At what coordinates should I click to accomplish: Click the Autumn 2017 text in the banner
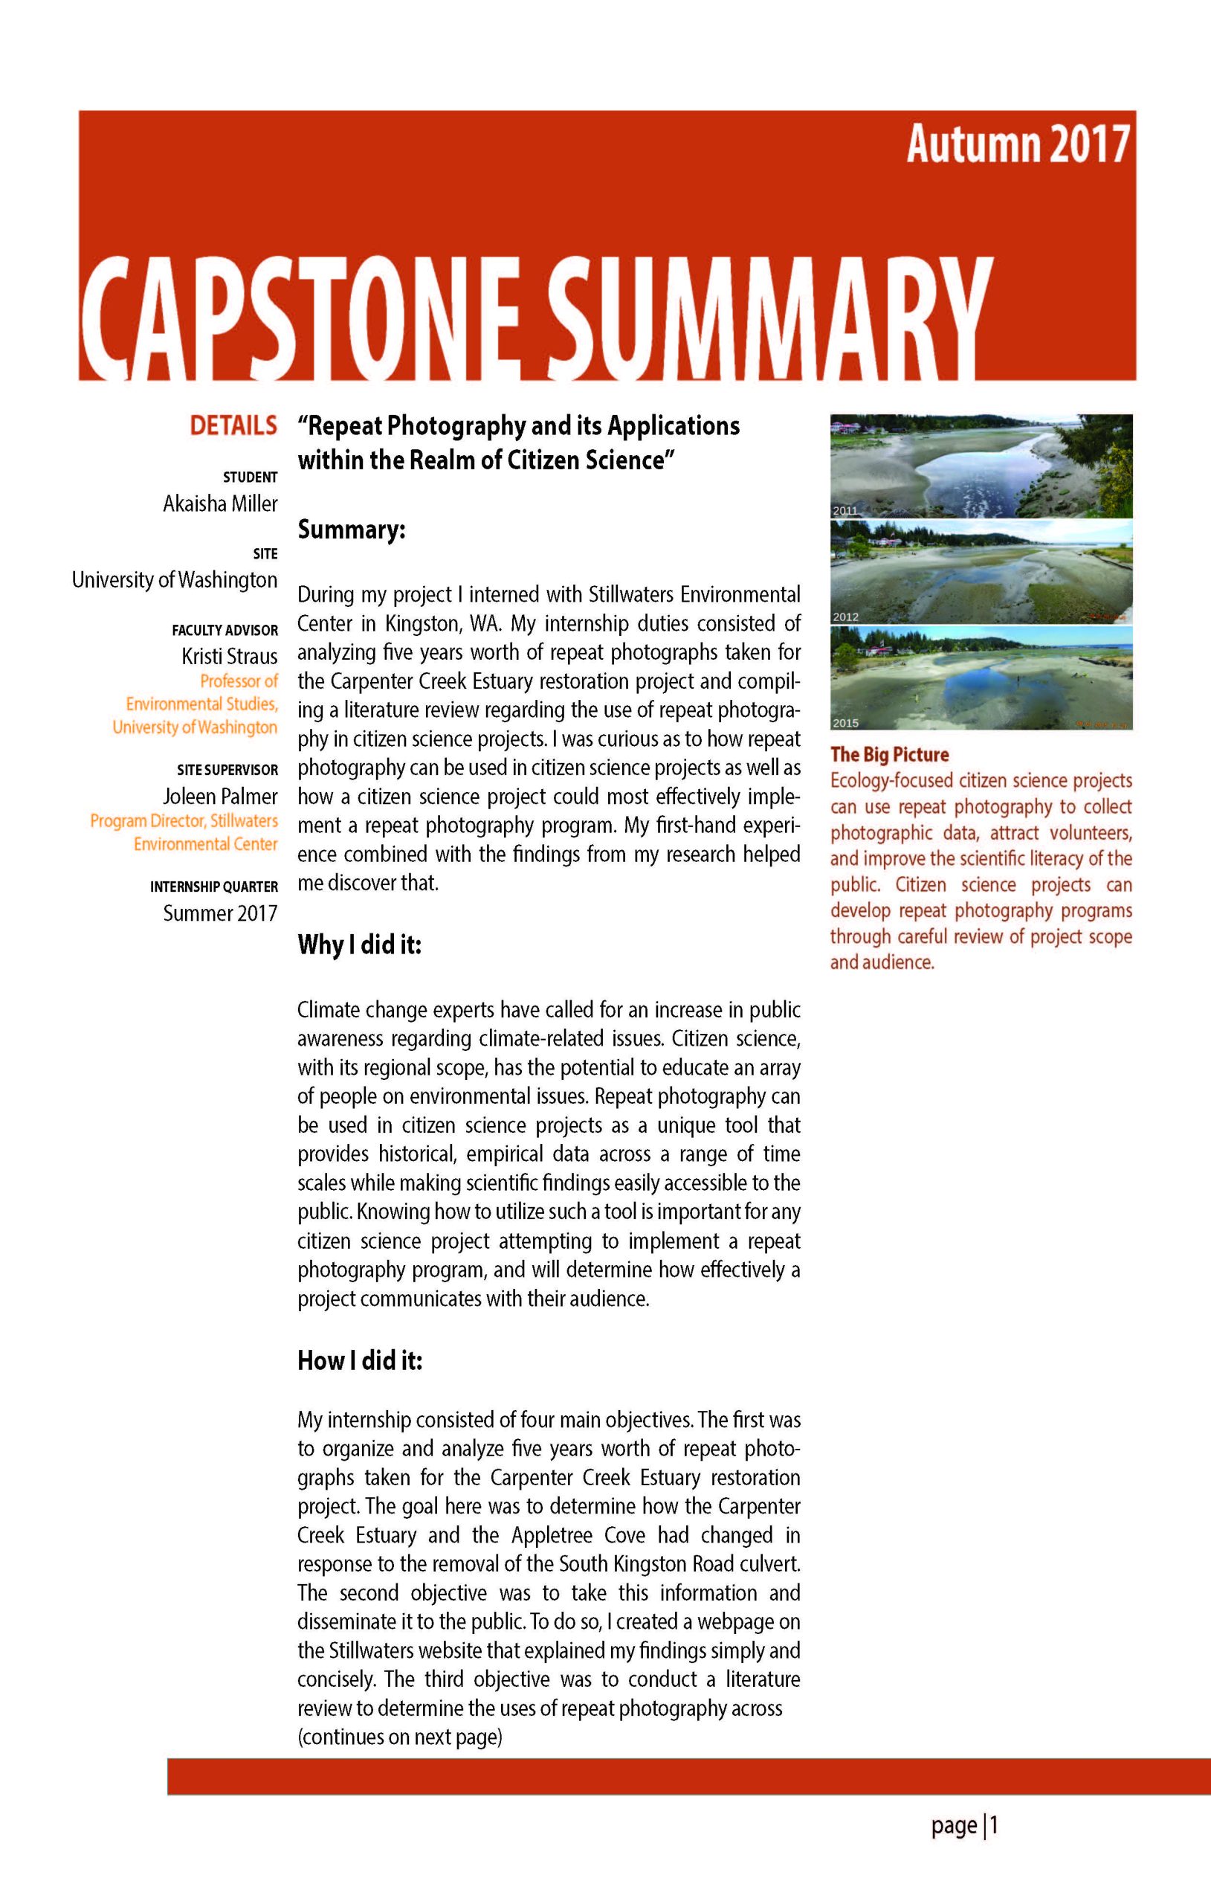click(x=1018, y=145)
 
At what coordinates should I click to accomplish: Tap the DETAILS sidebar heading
click(x=233, y=425)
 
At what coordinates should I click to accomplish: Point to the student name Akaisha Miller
click(x=220, y=504)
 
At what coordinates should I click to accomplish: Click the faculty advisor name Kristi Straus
click(x=229, y=656)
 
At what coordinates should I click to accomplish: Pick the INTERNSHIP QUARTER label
click(x=213, y=887)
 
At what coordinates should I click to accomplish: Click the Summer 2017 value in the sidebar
click(x=220, y=913)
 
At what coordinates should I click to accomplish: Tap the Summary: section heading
click(x=351, y=530)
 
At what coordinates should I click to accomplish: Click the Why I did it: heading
click(x=359, y=945)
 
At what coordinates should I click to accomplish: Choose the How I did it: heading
click(x=360, y=1361)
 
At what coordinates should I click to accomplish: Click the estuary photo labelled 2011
click(x=981, y=466)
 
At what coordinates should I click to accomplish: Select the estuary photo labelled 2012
click(x=981, y=572)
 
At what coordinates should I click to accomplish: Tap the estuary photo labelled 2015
click(x=981, y=678)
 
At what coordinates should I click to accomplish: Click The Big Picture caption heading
click(x=888, y=754)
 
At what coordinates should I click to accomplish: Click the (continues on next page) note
click(x=400, y=1737)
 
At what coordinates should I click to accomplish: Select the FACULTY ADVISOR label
click(x=225, y=630)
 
